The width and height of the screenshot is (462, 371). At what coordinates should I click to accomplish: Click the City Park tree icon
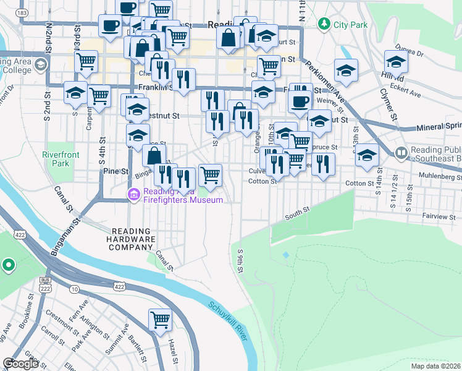[x=323, y=23]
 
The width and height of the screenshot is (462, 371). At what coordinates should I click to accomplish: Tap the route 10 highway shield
[x=75, y=289]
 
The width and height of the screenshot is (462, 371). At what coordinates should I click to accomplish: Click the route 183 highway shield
[x=22, y=12]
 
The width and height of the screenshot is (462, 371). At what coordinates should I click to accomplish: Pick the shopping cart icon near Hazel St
[x=160, y=320]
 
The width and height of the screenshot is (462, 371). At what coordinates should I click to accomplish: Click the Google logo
[x=20, y=364]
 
